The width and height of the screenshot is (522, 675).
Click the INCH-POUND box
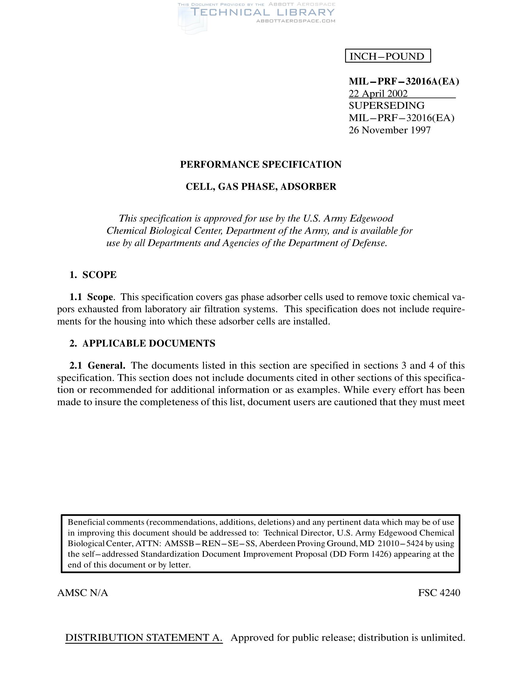pyautogui.click(x=388, y=56)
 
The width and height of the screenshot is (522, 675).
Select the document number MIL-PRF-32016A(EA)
pyautogui.click(x=403, y=81)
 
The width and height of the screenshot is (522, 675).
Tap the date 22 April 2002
pyautogui.click(x=378, y=93)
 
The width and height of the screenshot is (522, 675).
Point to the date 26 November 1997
pyautogui.click(x=389, y=130)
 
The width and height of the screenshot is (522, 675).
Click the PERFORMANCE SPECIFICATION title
pyautogui.click(x=261, y=164)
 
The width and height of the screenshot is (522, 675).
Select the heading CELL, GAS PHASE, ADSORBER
pyautogui.click(x=261, y=187)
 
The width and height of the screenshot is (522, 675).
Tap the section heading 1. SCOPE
pyautogui.click(x=93, y=275)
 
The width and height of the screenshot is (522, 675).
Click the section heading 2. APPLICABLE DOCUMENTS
pyautogui.click(x=142, y=343)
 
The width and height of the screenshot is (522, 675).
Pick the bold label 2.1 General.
pyautogui.click(x=97, y=366)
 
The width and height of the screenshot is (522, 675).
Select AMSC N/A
pyautogui.click(x=83, y=593)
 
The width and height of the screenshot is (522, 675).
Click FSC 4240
pyautogui.click(x=439, y=593)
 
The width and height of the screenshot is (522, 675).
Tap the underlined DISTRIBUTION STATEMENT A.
pyautogui.click(x=144, y=638)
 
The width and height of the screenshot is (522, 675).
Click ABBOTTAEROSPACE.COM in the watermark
pyautogui.click(x=296, y=21)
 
